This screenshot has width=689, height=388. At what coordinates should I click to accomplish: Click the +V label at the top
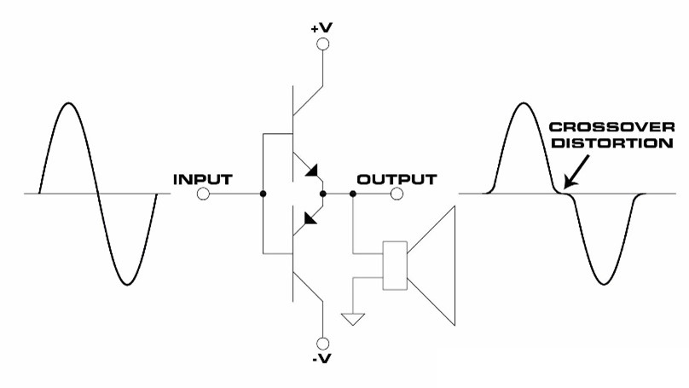click(321, 28)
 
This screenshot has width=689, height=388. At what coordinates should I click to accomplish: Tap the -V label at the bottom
click(321, 359)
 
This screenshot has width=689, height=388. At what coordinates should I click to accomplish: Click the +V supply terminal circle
click(323, 44)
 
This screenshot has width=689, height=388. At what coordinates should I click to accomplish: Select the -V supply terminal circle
click(323, 343)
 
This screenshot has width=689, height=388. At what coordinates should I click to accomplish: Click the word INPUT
click(203, 179)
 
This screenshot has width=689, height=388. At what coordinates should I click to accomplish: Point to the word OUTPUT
click(397, 179)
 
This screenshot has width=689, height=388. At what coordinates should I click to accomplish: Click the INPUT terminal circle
click(203, 194)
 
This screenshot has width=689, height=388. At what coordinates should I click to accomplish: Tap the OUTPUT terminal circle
click(397, 194)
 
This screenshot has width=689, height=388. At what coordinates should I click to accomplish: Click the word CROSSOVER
click(611, 127)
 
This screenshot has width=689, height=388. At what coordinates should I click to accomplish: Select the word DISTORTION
click(612, 143)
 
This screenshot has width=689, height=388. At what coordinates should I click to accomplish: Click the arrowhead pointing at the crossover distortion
click(569, 182)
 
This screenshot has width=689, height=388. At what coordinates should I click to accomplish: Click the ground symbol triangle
click(353, 319)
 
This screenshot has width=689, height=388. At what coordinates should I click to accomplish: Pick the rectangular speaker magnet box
click(395, 265)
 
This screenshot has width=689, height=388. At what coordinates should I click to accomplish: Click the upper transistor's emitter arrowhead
click(312, 171)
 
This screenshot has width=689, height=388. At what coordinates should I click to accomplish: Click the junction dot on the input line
click(263, 194)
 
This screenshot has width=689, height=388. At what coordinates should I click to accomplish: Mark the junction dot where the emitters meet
click(323, 194)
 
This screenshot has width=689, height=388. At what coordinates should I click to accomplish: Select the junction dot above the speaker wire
click(353, 194)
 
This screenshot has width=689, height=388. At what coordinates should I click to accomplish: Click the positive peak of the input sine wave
click(68, 103)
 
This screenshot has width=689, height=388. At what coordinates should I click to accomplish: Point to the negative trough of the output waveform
click(604, 283)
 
